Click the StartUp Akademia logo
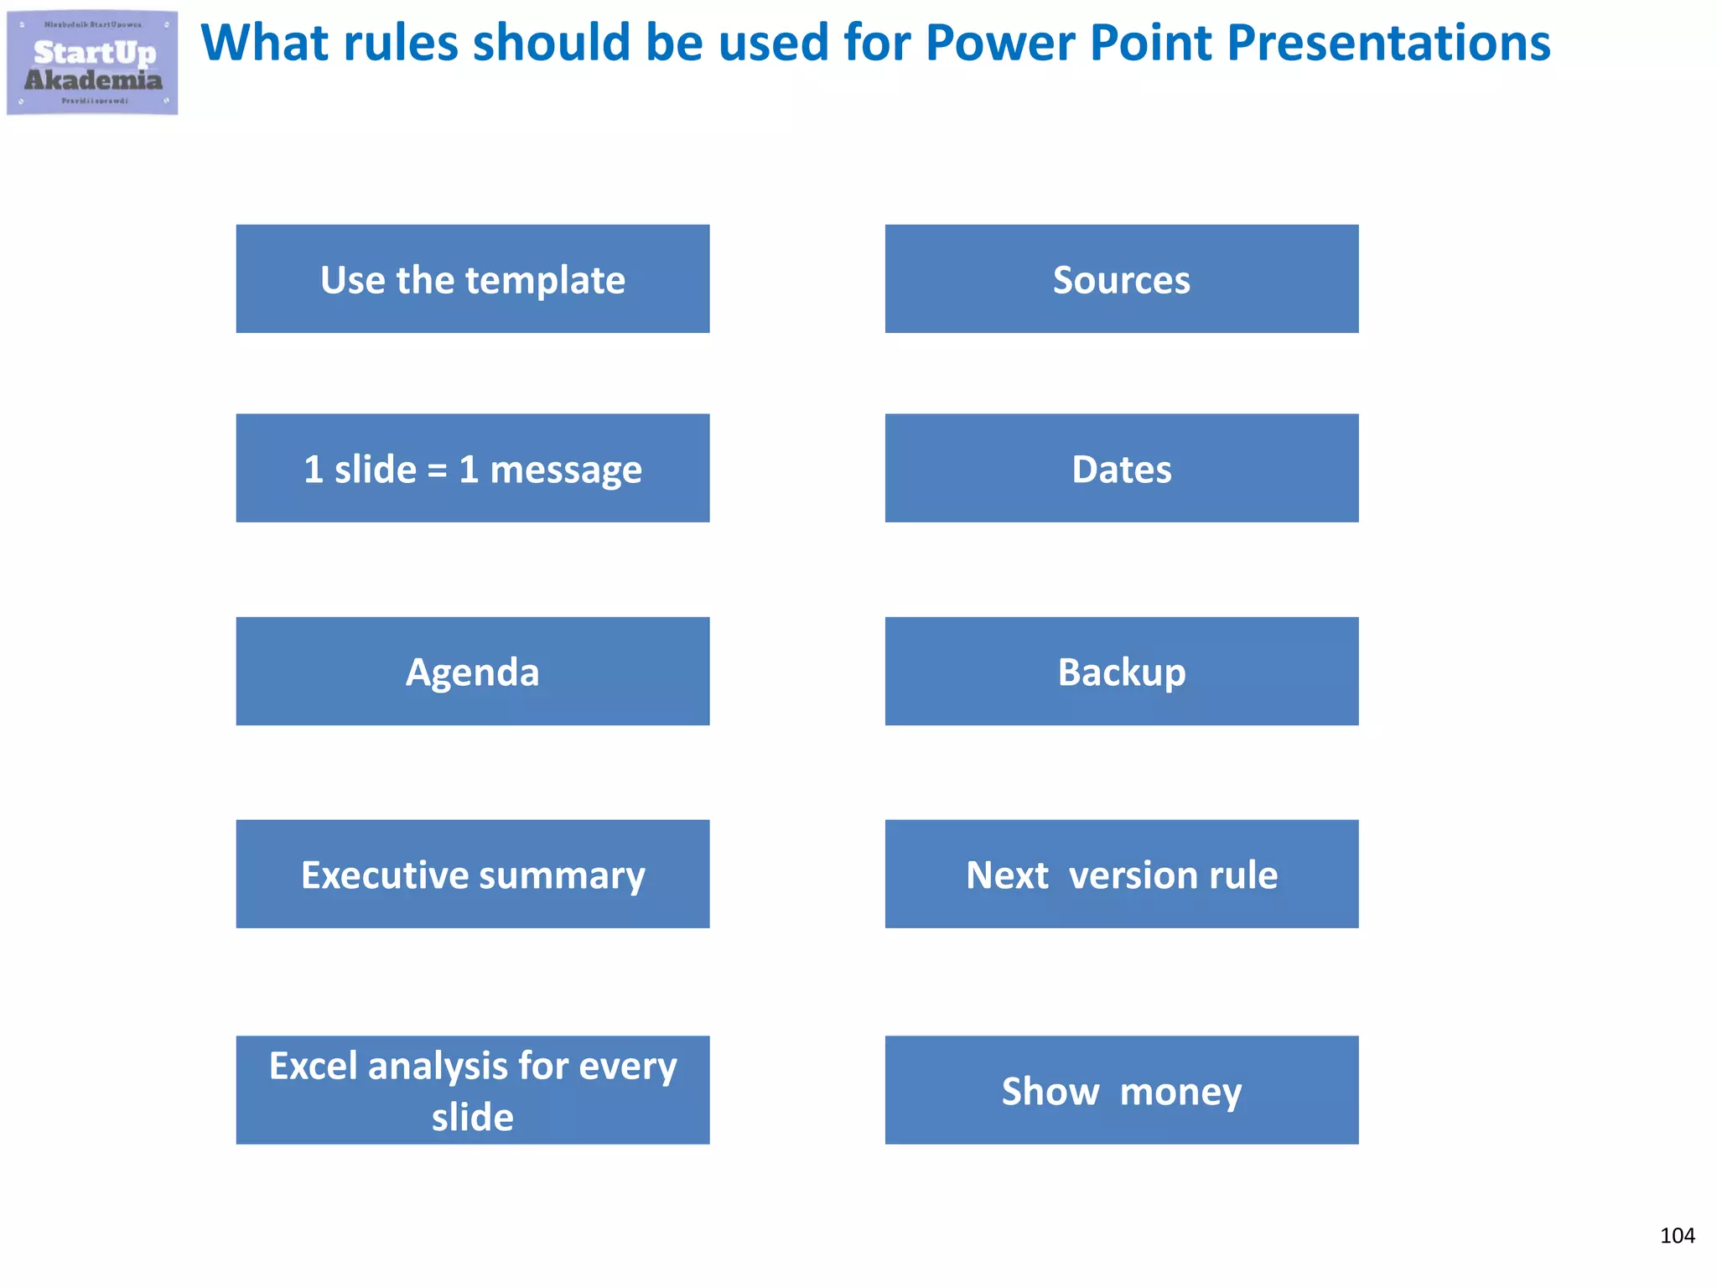[92, 63]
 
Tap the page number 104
[1677, 1235]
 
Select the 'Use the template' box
[472, 278]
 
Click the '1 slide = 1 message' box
[472, 468]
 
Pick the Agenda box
[472, 671]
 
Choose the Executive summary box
[472, 874]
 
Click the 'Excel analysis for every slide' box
[472, 1089]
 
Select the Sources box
[1121, 278]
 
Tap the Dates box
[1121, 468]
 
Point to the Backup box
[1121, 671]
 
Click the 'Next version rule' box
[1121, 874]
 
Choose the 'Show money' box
[1121, 1089]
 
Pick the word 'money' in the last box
[1180, 1092]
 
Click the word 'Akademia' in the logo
[93, 80]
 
